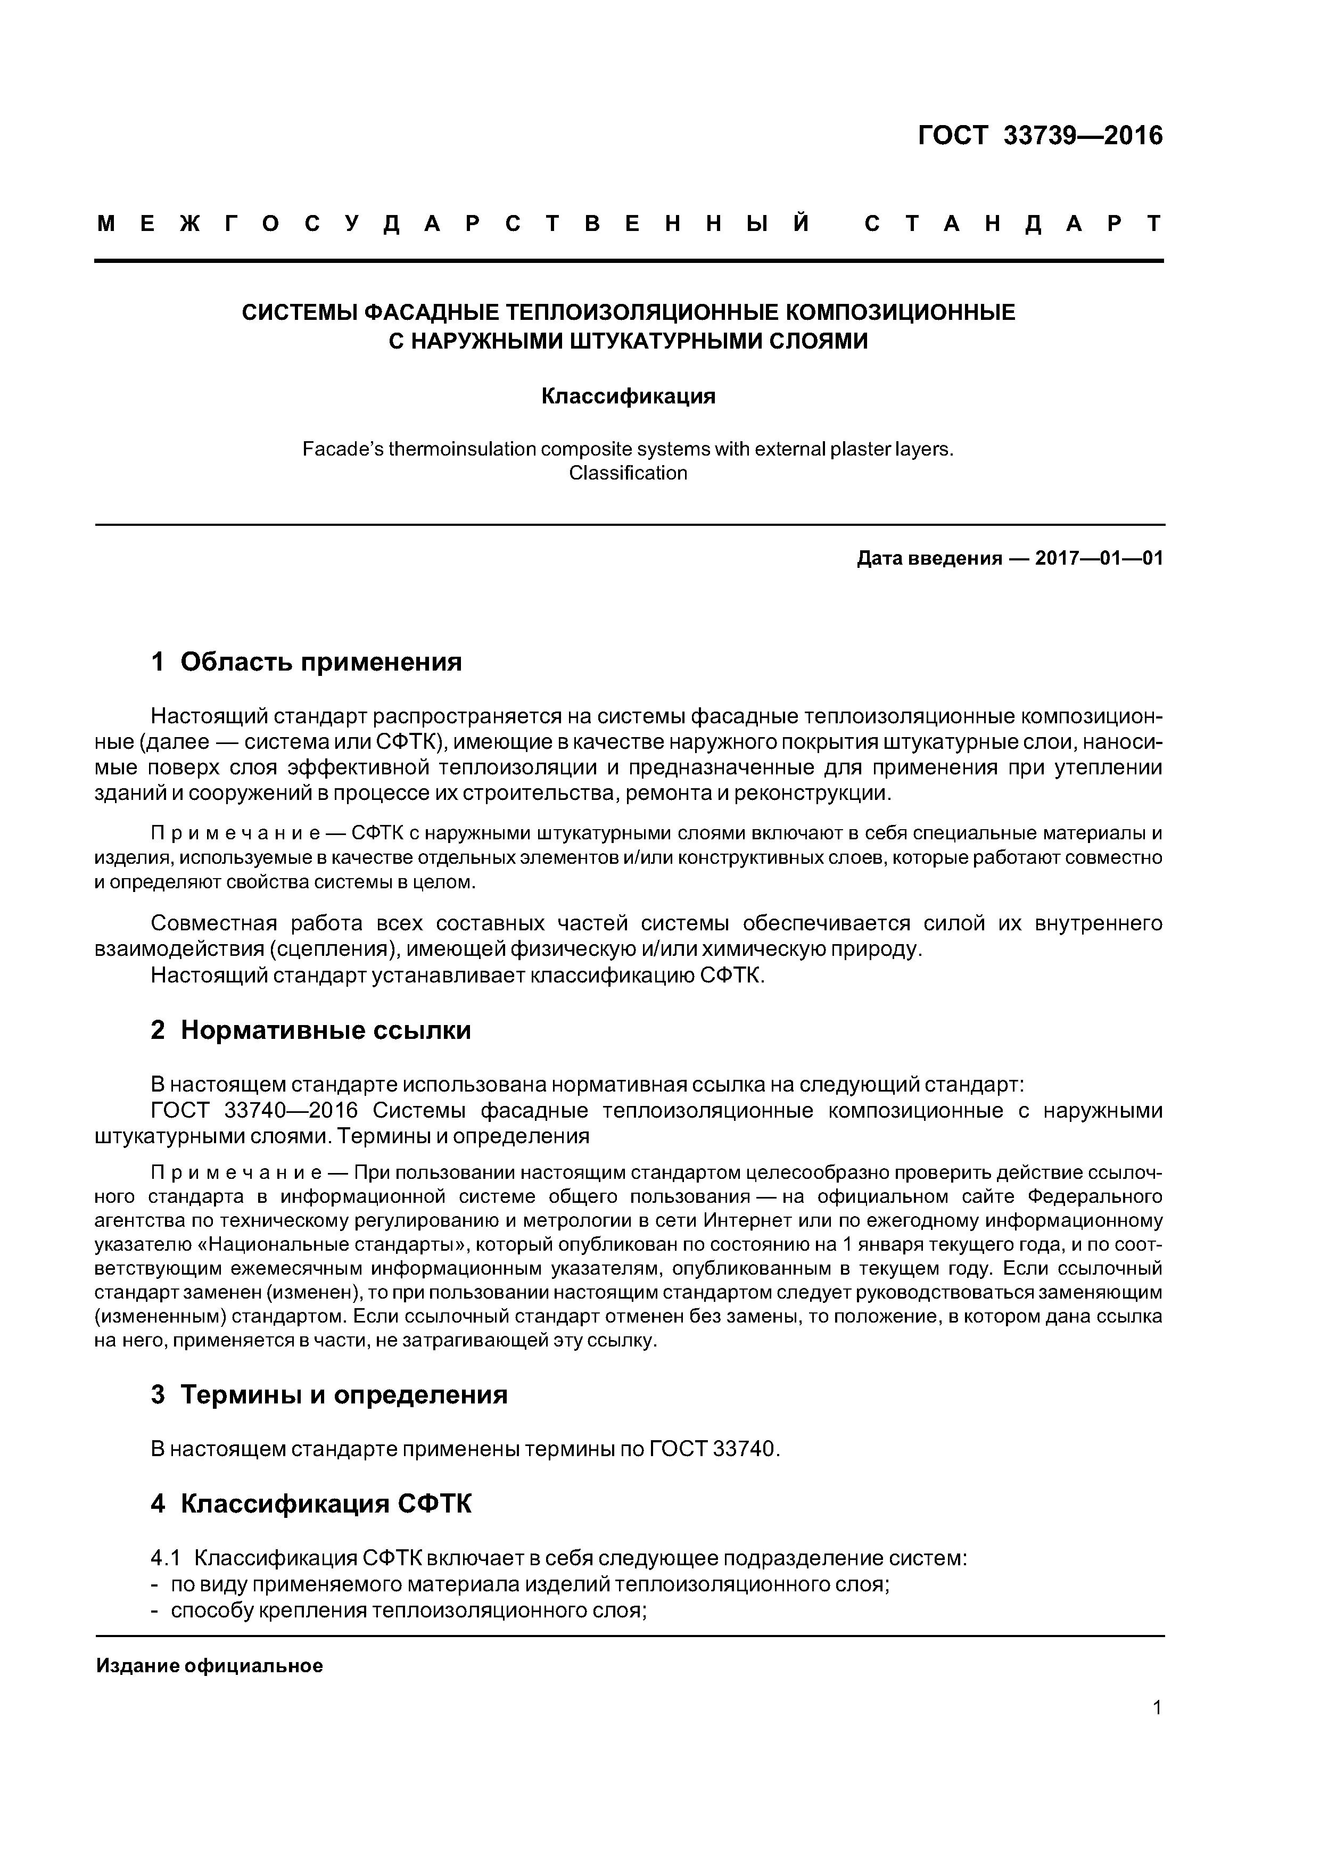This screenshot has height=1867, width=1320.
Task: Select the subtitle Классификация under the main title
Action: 628,396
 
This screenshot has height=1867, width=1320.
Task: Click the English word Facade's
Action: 342,449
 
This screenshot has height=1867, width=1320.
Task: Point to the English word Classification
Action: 628,473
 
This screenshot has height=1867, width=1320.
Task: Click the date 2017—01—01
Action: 1099,559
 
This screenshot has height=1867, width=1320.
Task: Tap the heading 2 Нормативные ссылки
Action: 311,1030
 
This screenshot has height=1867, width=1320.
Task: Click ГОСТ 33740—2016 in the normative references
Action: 254,1111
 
